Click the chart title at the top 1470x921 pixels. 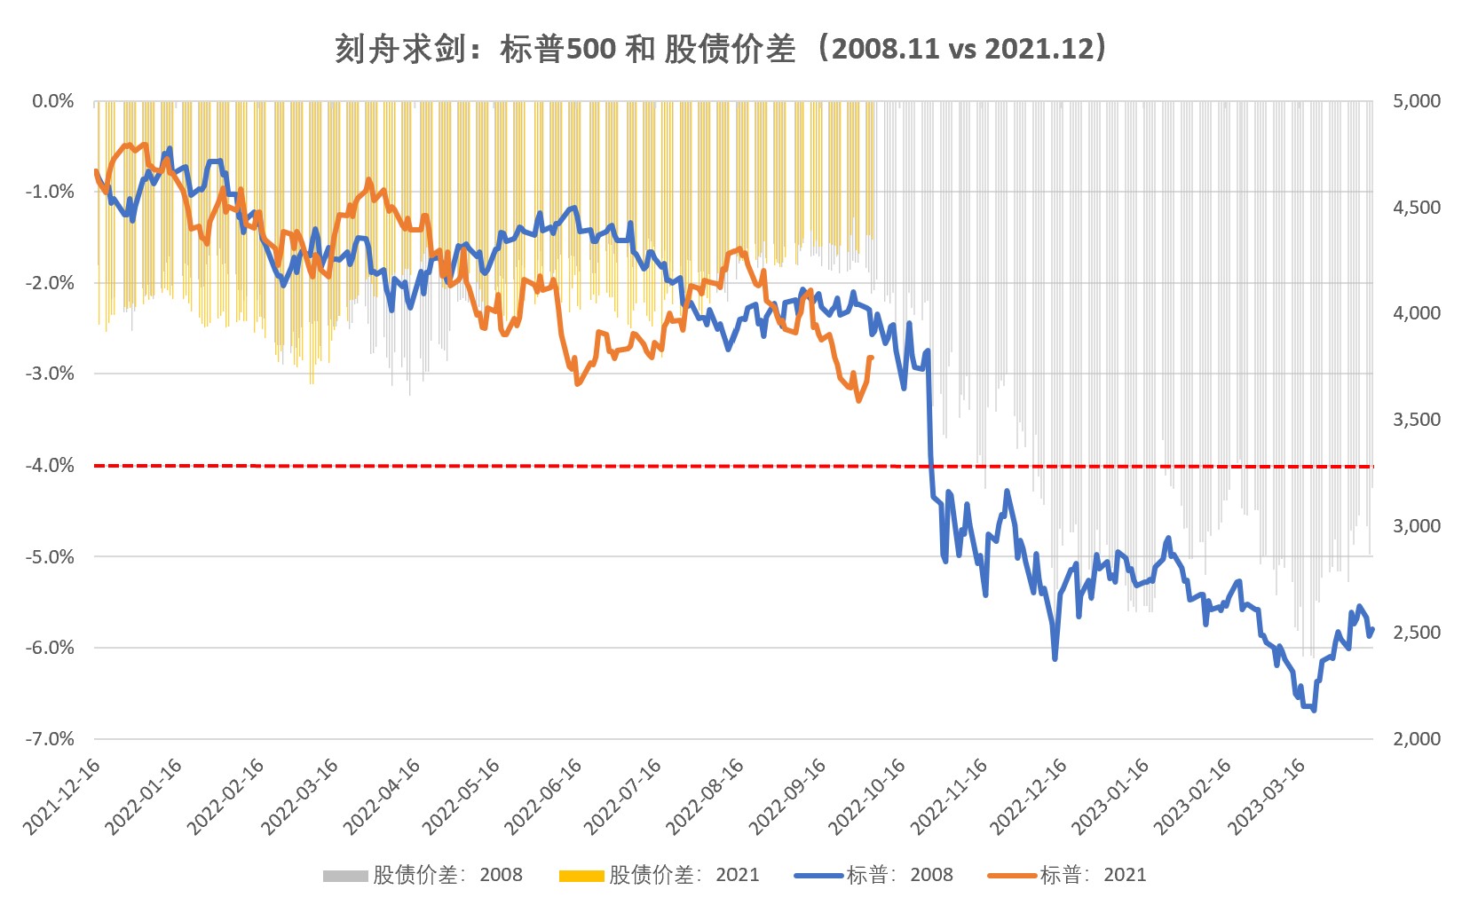(x=721, y=48)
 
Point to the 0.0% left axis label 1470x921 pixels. (x=53, y=101)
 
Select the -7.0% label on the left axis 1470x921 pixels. (x=50, y=738)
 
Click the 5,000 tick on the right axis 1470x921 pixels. (x=1417, y=101)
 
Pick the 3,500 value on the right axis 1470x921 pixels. (x=1417, y=420)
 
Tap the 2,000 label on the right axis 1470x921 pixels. (x=1417, y=738)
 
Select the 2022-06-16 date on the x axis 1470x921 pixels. (x=543, y=797)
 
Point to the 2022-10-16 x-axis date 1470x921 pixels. (x=867, y=797)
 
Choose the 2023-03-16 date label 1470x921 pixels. (x=1267, y=797)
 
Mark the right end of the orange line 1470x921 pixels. (x=872, y=358)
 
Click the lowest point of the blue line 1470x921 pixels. (x=1314, y=710)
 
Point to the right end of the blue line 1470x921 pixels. (x=1372, y=629)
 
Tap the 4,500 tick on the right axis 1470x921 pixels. (x=1417, y=208)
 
